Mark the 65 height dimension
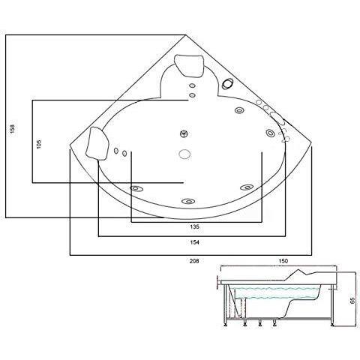pyautogui.click(x=351, y=298)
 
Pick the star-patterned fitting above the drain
pyautogui.click(x=184, y=135)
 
